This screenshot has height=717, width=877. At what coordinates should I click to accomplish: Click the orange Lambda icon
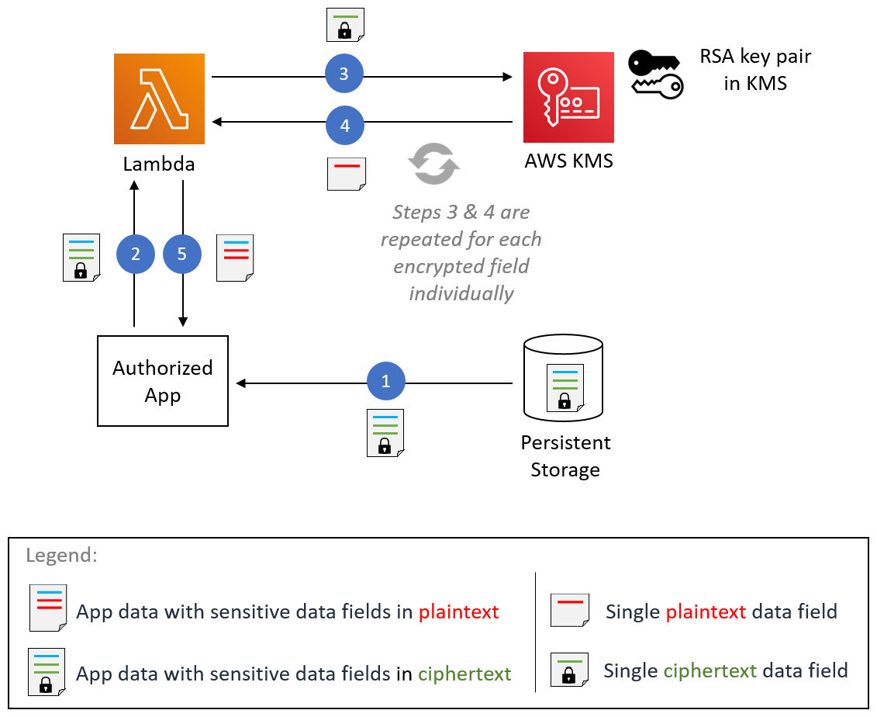pyautogui.click(x=159, y=99)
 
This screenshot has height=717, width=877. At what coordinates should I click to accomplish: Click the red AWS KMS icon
pyautogui.click(x=568, y=97)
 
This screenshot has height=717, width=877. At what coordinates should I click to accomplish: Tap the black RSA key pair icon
pyautogui.click(x=655, y=74)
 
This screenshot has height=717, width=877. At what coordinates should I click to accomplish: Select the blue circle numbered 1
pyautogui.click(x=386, y=382)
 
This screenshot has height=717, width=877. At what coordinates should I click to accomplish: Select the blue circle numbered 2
pyautogui.click(x=136, y=255)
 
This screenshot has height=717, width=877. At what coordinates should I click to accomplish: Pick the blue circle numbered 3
pyautogui.click(x=344, y=75)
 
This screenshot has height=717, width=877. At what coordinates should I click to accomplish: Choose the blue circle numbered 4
pyautogui.click(x=344, y=124)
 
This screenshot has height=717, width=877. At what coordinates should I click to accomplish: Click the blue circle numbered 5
pyautogui.click(x=182, y=255)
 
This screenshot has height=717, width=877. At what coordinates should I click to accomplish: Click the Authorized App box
pyautogui.click(x=163, y=381)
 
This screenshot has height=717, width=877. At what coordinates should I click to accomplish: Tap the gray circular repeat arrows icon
pyautogui.click(x=434, y=164)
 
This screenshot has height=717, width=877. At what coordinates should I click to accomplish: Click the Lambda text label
pyautogui.click(x=159, y=165)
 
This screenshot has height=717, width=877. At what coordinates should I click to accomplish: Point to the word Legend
pyautogui.click(x=61, y=556)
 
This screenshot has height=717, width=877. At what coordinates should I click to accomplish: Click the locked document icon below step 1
pyautogui.click(x=385, y=432)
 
